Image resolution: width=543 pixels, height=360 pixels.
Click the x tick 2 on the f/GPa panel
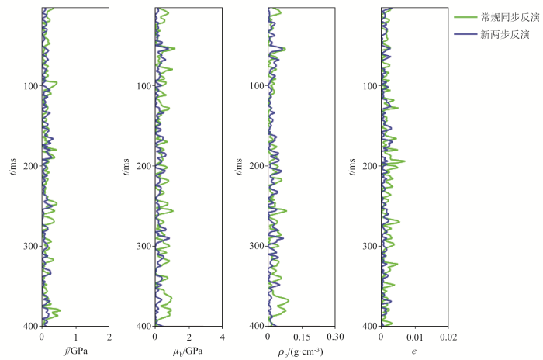109,337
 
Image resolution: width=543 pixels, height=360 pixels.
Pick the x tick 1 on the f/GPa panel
75,337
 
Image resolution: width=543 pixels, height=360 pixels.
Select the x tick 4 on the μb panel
223,337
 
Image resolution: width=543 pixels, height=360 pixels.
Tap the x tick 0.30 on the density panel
334,337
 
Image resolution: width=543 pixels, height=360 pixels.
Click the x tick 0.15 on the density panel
301,337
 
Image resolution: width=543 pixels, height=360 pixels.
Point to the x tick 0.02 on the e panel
448,337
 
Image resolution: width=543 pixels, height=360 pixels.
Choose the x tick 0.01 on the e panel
414,337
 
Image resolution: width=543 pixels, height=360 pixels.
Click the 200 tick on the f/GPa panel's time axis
29,166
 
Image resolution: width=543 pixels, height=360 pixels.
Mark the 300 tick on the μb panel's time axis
143,246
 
